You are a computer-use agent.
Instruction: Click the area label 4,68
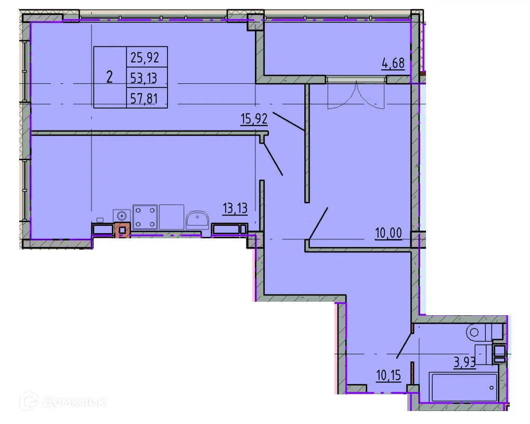click(x=393, y=65)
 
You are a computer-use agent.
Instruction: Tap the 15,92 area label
click(x=254, y=119)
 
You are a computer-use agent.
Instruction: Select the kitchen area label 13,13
click(x=235, y=209)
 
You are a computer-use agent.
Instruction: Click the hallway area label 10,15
click(x=389, y=375)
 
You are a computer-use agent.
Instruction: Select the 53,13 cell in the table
click(x=145, y=78)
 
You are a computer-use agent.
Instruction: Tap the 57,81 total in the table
click(x=145, y=98)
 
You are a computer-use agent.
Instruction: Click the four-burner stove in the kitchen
click(x=145, y=217)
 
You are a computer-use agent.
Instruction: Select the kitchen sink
click(x=197, y=220)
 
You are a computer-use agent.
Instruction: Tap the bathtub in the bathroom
click(x=462, y=387)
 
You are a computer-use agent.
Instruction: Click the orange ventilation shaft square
click(x=123, y=230)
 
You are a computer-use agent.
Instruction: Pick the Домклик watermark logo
click(x=63, y=401)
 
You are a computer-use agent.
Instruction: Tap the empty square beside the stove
click(x=172, y=217)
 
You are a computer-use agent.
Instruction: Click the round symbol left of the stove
click(x=122, y=215)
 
